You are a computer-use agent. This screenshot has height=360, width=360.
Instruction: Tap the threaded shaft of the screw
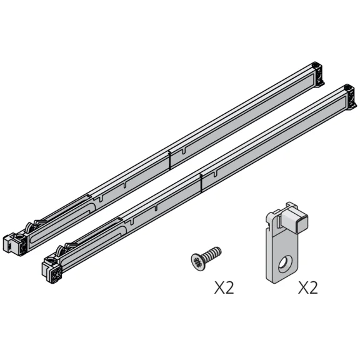coord(211,254)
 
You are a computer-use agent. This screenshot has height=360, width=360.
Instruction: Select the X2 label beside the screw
coord(224,287)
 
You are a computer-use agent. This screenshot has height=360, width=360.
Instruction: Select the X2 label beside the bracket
coord(308,287)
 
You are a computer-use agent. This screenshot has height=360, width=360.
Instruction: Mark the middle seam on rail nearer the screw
coord(201,180)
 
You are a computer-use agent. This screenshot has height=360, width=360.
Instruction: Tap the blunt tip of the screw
coord(219,250)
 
